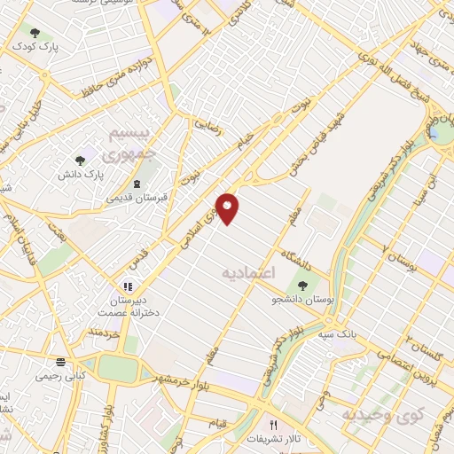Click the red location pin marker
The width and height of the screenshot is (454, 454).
pyautogui.click(x=229, y=208)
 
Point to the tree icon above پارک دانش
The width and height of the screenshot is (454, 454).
pyautogui.click(x=81, y=160)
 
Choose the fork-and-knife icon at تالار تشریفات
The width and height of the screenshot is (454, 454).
pyautogui.click(x=273, y=427)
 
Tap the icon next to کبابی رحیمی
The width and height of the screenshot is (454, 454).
pyautogui.click(x=59, y=362)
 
